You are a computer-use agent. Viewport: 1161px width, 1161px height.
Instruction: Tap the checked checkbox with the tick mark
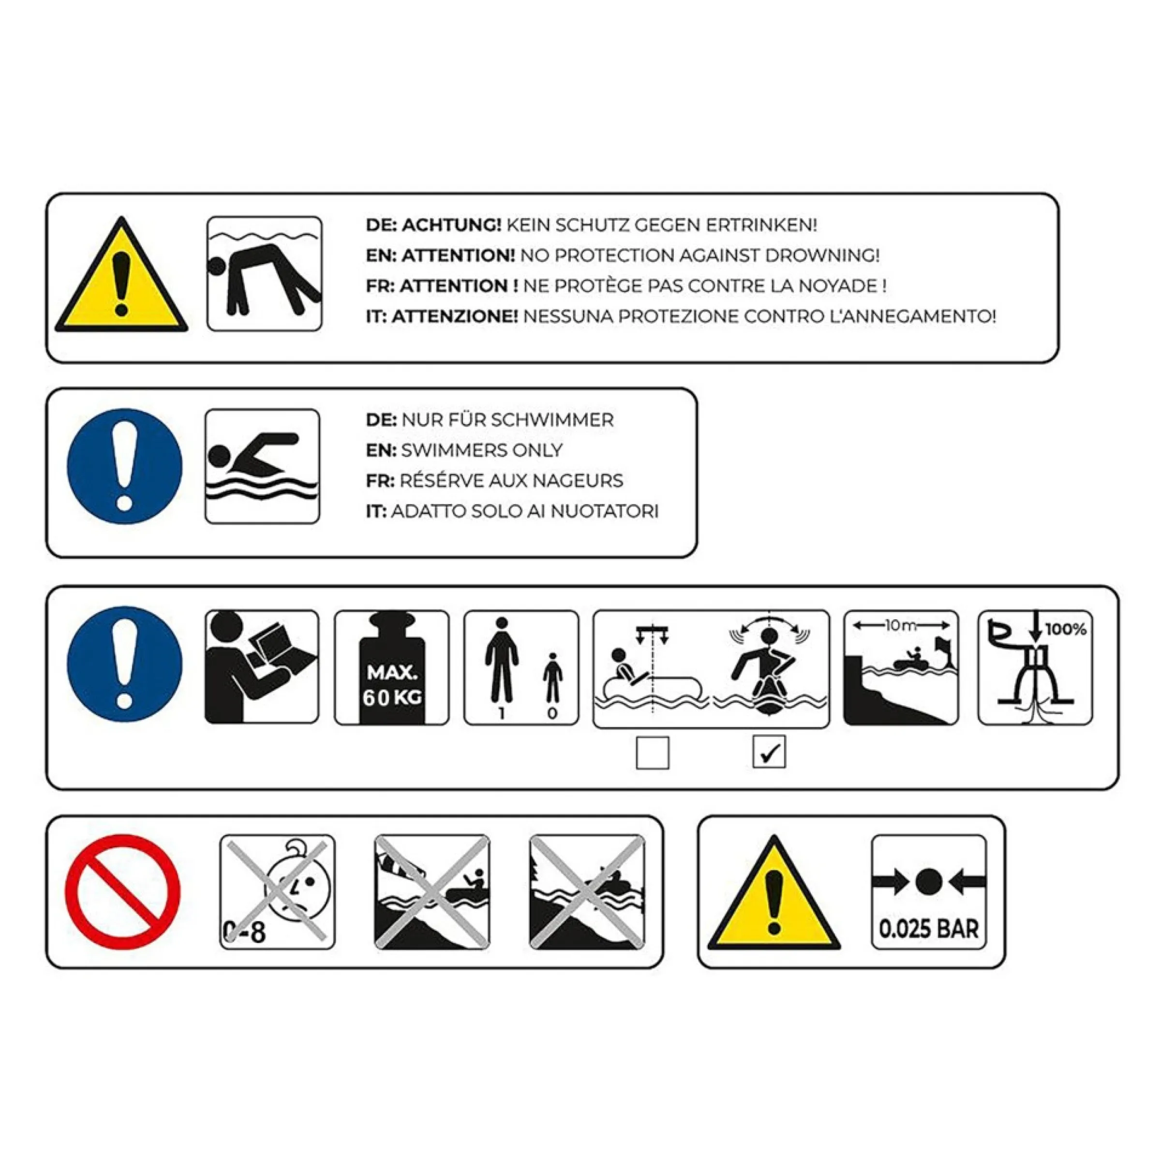pyautogui.click(x=769, y=752)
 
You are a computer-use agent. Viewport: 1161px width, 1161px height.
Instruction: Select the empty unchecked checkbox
pyautogui.click(x=653, y=752)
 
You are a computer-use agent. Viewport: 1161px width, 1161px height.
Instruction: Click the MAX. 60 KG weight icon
pyautogui.click(x=392, y=668)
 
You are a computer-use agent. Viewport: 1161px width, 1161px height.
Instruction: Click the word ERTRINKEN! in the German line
pyautogui.click(x=761, y=225)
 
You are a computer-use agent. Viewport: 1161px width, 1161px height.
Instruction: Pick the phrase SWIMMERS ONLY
pyautogui.click(x=482, y=450)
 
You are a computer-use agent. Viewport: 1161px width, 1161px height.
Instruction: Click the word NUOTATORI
pyautogui.click(x=605, y=511)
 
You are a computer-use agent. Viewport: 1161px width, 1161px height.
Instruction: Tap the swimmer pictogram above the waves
pyautogui.click(x=262, y=466)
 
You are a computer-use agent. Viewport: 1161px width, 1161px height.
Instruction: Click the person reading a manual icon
pyautogui.click(x=262, y=667)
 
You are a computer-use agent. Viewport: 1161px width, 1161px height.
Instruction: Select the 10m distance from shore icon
pyautogui.click(x=901, y=668)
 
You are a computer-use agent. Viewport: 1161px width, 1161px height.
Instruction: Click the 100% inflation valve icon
pyautogui.click(x=1035, y=668)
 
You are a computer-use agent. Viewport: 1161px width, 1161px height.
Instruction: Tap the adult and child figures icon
pyautogui.click(x=521, y=668)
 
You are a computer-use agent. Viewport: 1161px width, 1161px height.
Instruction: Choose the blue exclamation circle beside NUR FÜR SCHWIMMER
pyautogui.click(x=124, y=466)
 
